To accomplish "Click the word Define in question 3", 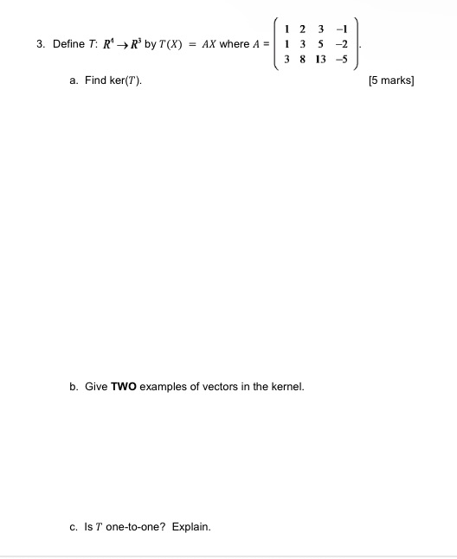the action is point(68,44).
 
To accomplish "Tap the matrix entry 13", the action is point(322,61).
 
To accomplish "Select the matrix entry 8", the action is point(303,61).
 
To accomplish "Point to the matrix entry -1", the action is point(344,28).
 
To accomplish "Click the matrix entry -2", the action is point(344,44).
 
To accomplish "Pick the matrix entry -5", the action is point(344,61).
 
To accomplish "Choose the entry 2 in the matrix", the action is point(303,28).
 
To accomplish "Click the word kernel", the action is point(286,386).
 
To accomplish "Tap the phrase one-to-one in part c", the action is point(133,526).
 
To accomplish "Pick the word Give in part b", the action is point(95,386).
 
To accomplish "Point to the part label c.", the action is point(73,526).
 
